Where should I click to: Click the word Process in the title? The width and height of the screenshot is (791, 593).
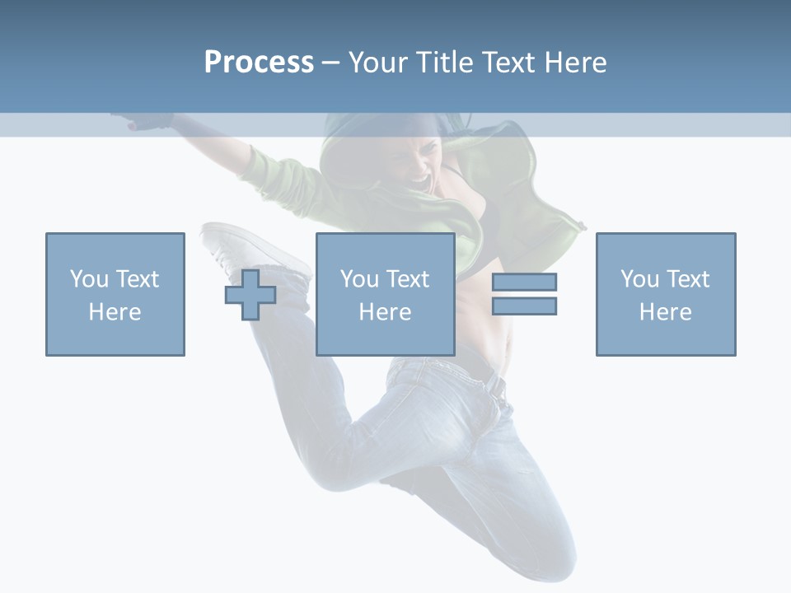coord(259,63)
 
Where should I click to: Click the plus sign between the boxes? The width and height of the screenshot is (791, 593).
coord(250,295)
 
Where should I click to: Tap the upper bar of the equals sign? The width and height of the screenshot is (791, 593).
coord(524,282)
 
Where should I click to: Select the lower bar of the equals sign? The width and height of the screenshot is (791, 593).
coord(524,306)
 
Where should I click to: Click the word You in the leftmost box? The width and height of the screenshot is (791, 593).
coord(89,279)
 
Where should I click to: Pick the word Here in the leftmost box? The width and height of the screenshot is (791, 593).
coord(115,312)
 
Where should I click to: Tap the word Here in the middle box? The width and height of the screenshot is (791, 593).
coord(386,312)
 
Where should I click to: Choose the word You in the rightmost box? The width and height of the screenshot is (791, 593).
coord(639,279)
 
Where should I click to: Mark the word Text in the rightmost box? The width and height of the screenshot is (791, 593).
coord(686,279)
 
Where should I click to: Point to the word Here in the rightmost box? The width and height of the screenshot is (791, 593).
coord(666,312)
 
